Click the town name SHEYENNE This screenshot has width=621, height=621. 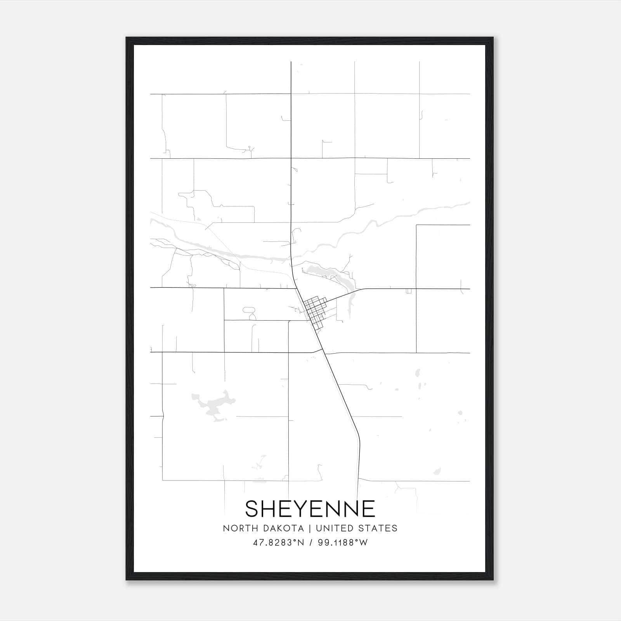tap(310, 508)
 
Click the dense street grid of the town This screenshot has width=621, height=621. tap(315, 310)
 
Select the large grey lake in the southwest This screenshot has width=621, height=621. tap(213, 406)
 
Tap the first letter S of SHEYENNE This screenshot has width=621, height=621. tap(252, 508)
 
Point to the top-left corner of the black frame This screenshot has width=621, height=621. tap(127, 38)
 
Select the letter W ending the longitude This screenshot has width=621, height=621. tap(363, 543)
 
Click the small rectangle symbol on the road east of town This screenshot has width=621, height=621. tap(408, 291)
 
